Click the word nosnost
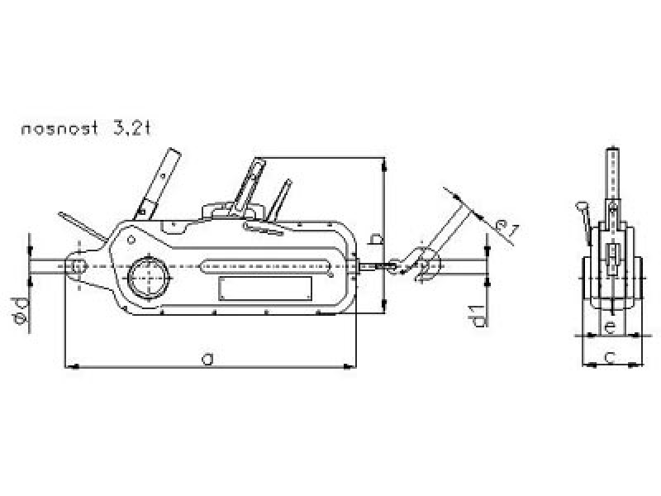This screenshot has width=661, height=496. (59, 128)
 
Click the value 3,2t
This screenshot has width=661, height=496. (131, 128)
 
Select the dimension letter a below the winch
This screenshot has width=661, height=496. (207, 360)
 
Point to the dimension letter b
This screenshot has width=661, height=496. (376, 238)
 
